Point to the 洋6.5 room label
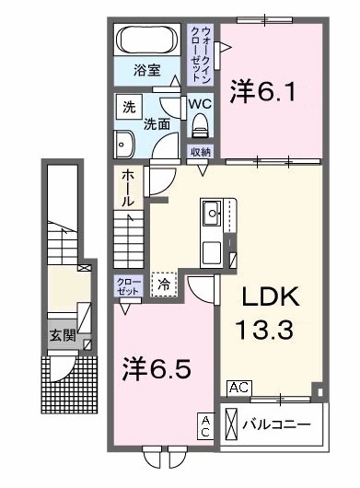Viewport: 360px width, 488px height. click(158, 370)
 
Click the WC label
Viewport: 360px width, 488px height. click(201, 104)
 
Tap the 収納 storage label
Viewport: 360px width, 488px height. click(201, 152)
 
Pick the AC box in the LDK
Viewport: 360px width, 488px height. click(238, 388)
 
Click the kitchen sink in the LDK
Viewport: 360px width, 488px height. click(212, 214)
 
